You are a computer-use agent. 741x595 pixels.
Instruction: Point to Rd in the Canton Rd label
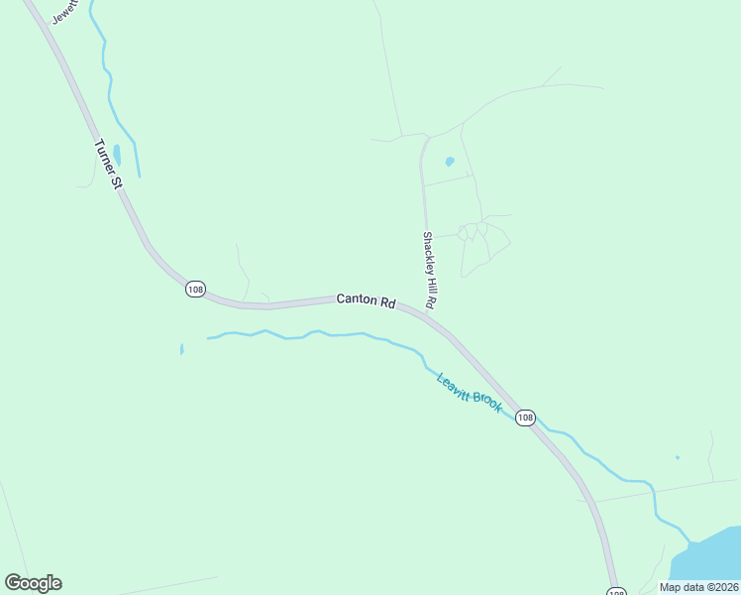387,301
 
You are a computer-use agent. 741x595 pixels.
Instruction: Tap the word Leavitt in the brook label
454,385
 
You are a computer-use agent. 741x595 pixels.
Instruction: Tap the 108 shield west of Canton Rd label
194,289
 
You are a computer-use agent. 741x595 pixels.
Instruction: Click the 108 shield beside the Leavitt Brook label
525,417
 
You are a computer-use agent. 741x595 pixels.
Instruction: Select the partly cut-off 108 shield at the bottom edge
615,591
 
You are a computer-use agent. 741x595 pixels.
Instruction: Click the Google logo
33,583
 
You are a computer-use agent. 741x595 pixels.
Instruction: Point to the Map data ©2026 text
698,587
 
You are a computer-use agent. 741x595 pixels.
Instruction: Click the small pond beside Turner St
117,155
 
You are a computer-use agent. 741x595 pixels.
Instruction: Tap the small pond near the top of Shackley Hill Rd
449,161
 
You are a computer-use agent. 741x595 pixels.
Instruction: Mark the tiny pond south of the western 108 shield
181,349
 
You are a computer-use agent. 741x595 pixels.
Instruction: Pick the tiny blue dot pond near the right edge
678,457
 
